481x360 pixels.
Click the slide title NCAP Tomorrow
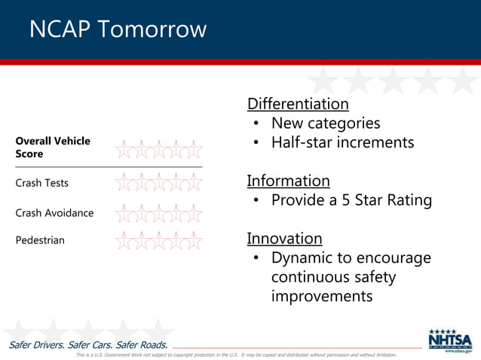(x=118, y=29)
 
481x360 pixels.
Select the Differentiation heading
(x=298, y=104)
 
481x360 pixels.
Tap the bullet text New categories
(x=325, y=124)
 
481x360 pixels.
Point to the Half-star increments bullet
(x=342, y=142)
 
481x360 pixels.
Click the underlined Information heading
(x=289, y=181)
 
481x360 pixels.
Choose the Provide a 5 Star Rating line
(x=351, y=200)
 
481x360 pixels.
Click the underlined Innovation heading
(x=284, y=239)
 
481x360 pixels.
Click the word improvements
(x=322, y=296)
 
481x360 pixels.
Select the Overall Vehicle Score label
(x=53, y=148)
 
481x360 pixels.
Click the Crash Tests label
(x=41, y=183)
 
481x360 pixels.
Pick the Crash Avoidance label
(x=54, y=213)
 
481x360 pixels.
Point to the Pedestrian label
(x=40, y=240)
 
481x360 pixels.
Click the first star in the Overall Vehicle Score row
(x=124, y=148)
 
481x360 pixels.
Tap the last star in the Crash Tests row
(x=194, y=182)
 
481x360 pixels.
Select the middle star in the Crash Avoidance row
(x=159, y=212)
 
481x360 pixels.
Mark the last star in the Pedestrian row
(x=194, y=240)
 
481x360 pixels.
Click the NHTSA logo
(x=450, y=340)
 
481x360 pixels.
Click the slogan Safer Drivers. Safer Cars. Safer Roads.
(x=88, y=345)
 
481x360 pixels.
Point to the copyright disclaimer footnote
(x=236, y=355)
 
